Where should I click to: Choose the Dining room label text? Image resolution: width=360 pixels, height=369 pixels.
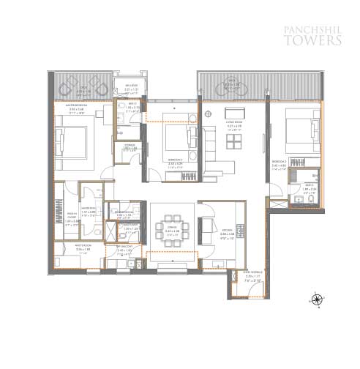tap(172, 231)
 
